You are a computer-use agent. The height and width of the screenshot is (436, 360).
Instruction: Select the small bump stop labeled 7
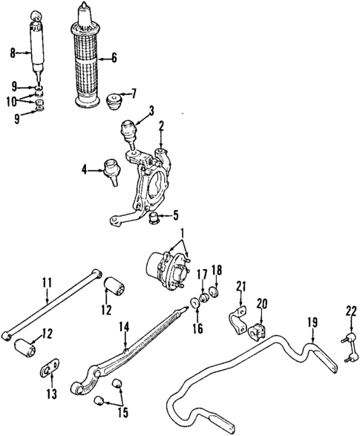[x=115, y=100]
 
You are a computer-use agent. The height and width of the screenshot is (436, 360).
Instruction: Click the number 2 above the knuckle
[x=161, y=126]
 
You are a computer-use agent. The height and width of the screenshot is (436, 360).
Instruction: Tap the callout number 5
[x=175, y=217]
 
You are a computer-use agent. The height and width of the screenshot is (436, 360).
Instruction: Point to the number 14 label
[x=122, y=325]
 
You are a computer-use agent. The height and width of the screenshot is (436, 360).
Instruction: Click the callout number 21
[x=239, y=287]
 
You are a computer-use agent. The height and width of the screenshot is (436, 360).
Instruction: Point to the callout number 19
[x=312, y=322]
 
